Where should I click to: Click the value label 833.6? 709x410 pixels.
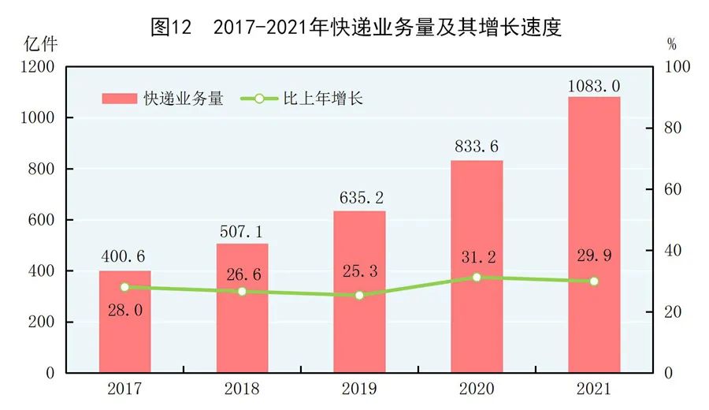click(x=477, y=147)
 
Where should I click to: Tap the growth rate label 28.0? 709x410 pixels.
click(x=124, y=311)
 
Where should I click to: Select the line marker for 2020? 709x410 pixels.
click(x=477, y=278)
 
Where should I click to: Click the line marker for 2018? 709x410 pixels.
click(x=242, y=292)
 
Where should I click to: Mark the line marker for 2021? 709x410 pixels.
click(x=594, y=281)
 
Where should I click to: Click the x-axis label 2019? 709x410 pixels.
click(x=359, y=389)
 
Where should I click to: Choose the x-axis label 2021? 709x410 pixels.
click(x=594, y=389)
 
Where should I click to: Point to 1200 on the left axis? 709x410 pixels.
click(x=38, y=67)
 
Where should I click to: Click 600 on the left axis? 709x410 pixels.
click(x=42, y=220)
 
